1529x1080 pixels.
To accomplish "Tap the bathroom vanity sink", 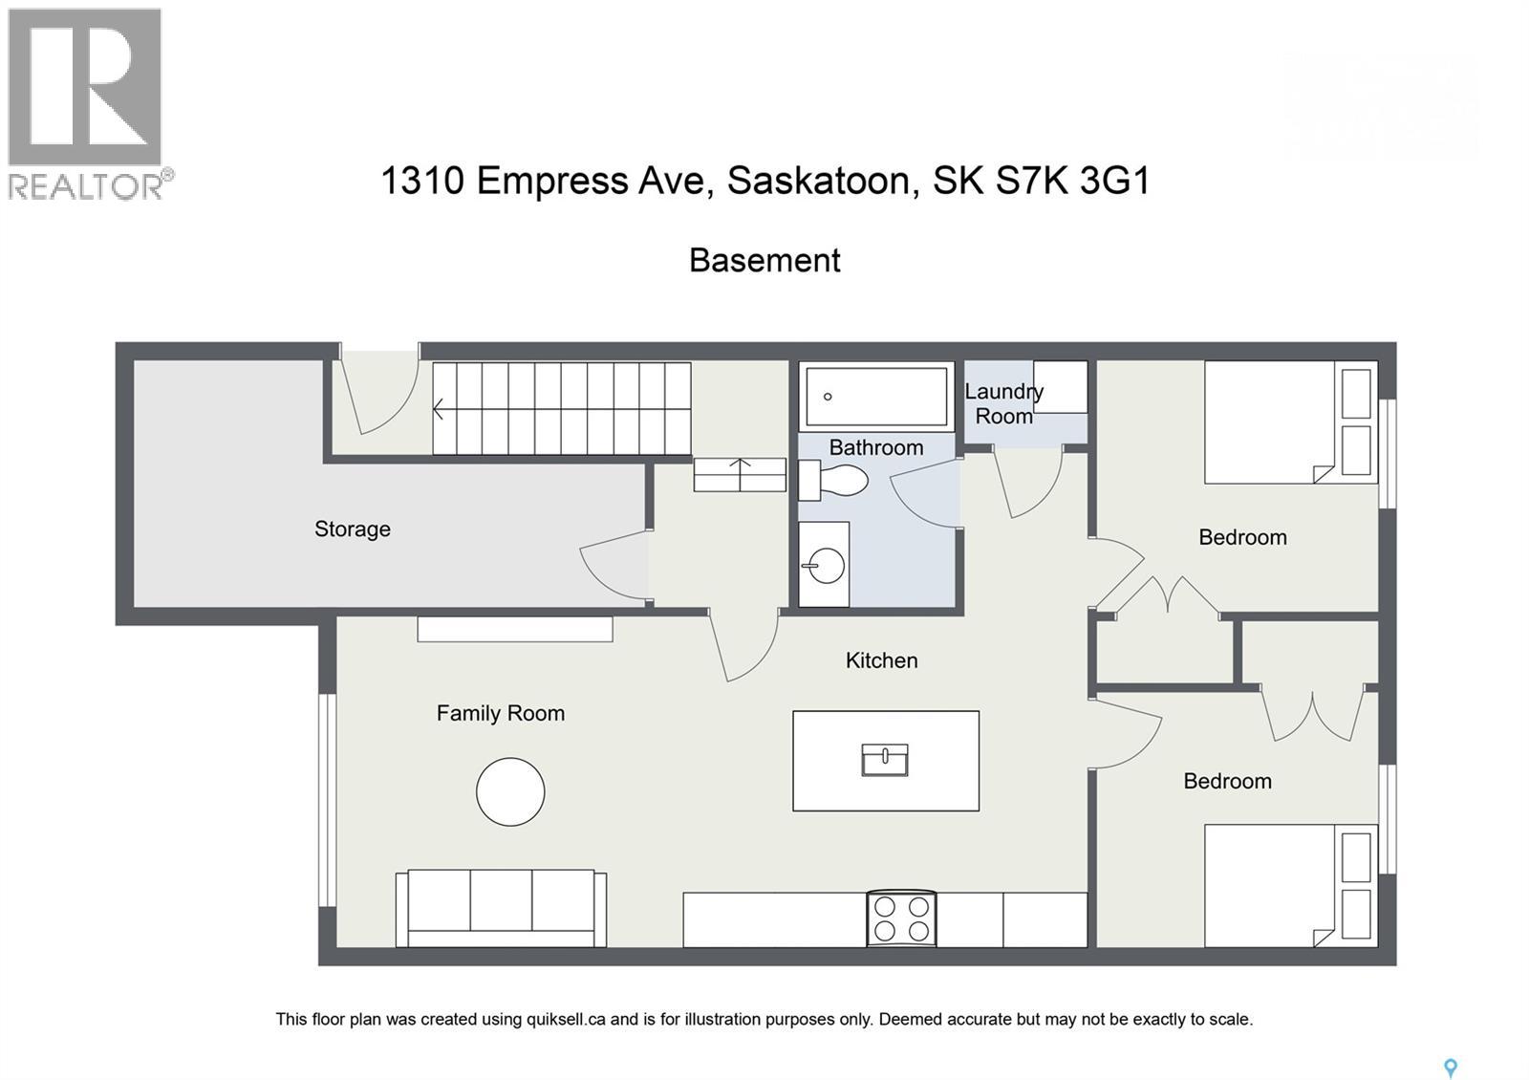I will click(x=823, y=565).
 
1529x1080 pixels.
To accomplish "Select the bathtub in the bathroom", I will click(x=876, y=396).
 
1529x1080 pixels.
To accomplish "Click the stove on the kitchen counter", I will click(x=901, y=918).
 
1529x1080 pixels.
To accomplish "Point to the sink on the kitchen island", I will click(x=885, y=760).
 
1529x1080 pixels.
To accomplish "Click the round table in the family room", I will click(x=510, y=791).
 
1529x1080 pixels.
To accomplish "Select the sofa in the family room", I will click(x=501, y=907).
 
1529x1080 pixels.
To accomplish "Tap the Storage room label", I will click(x=353, y=529).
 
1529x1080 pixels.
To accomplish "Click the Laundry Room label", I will click(x=1003, y=403).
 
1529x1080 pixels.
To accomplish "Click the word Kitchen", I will click(x=881, y=660).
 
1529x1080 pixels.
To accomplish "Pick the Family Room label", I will click(x=500, y=713).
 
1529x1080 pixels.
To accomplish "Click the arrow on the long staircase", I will click(x=439, y=409).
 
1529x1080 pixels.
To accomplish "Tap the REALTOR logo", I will click(x=88, y=103).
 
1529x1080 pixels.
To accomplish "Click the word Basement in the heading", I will click(x=764, y=260).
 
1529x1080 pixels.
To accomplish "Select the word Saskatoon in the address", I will click(x=818, y=180).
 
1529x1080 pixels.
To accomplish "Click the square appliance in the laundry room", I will click(x=1060, y=386).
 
